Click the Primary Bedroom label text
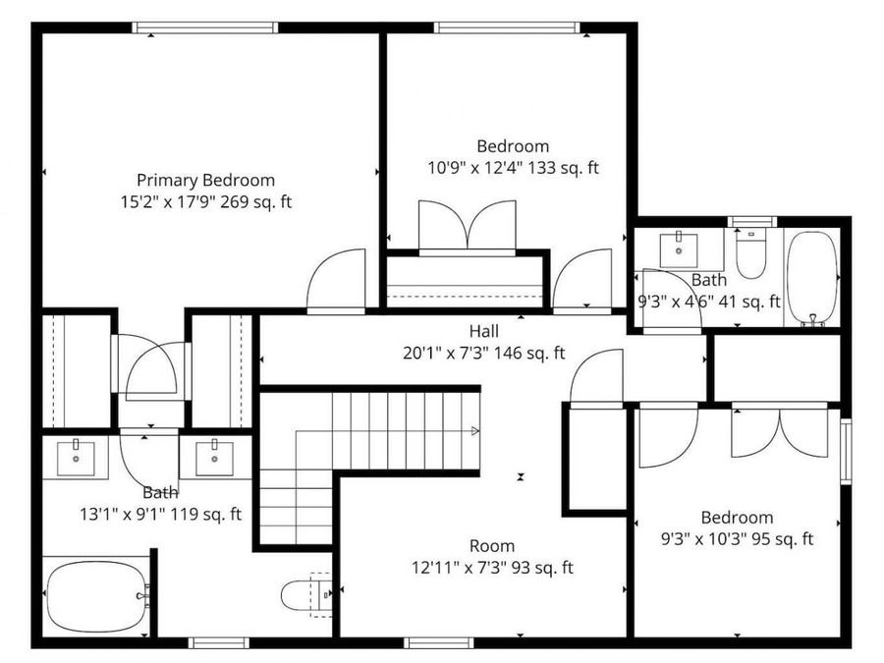205,181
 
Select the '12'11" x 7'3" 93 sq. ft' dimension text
493,568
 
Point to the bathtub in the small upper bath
812,278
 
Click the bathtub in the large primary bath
96,595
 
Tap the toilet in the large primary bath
304,595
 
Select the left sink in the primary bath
76,456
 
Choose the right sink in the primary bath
212,456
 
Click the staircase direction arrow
475,430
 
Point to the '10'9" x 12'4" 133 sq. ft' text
513,168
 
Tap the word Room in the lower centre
491,546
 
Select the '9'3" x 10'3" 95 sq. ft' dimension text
737,539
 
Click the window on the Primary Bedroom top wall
205,28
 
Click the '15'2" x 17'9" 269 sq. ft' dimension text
205,202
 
